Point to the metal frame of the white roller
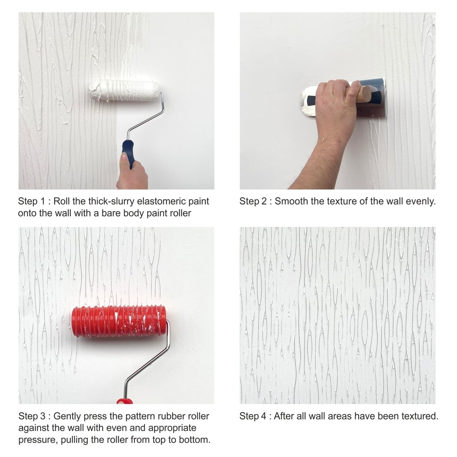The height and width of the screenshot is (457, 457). (146, 117)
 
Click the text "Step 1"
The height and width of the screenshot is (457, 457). (31, 202)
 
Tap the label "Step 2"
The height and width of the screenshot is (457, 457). (252, 202)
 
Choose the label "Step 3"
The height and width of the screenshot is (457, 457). (31, 416)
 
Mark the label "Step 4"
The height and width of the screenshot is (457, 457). (252, 416)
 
